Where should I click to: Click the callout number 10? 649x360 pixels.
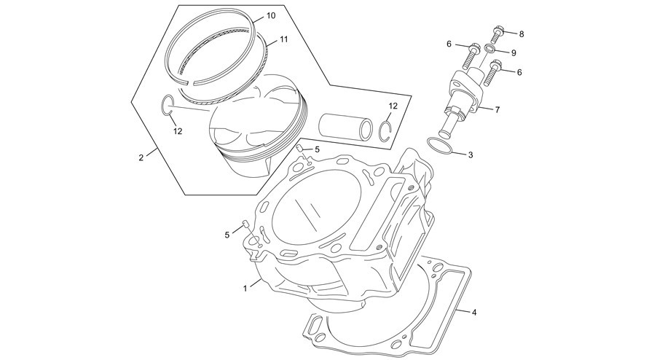pyautogui.click(x=271, y=16)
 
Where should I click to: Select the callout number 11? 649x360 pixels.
pyautogui.click(x=283, y=39)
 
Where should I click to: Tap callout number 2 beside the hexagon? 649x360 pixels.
pyautogui.click(x=141, y=157)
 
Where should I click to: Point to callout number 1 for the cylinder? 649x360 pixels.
pyautogui.click(x=245, y=289)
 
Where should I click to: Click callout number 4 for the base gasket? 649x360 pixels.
pyautogui.click(x=474, y=313)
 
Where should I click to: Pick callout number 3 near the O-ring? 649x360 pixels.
pyautogui.click(x=471, y=155)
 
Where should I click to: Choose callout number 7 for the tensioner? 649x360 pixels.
pyautogui.click(x=497, y=110)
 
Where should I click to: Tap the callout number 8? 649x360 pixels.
pyautogui.click(x=522, y=34)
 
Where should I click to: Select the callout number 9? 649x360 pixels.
pyautogui.click(x=514, y=52)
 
